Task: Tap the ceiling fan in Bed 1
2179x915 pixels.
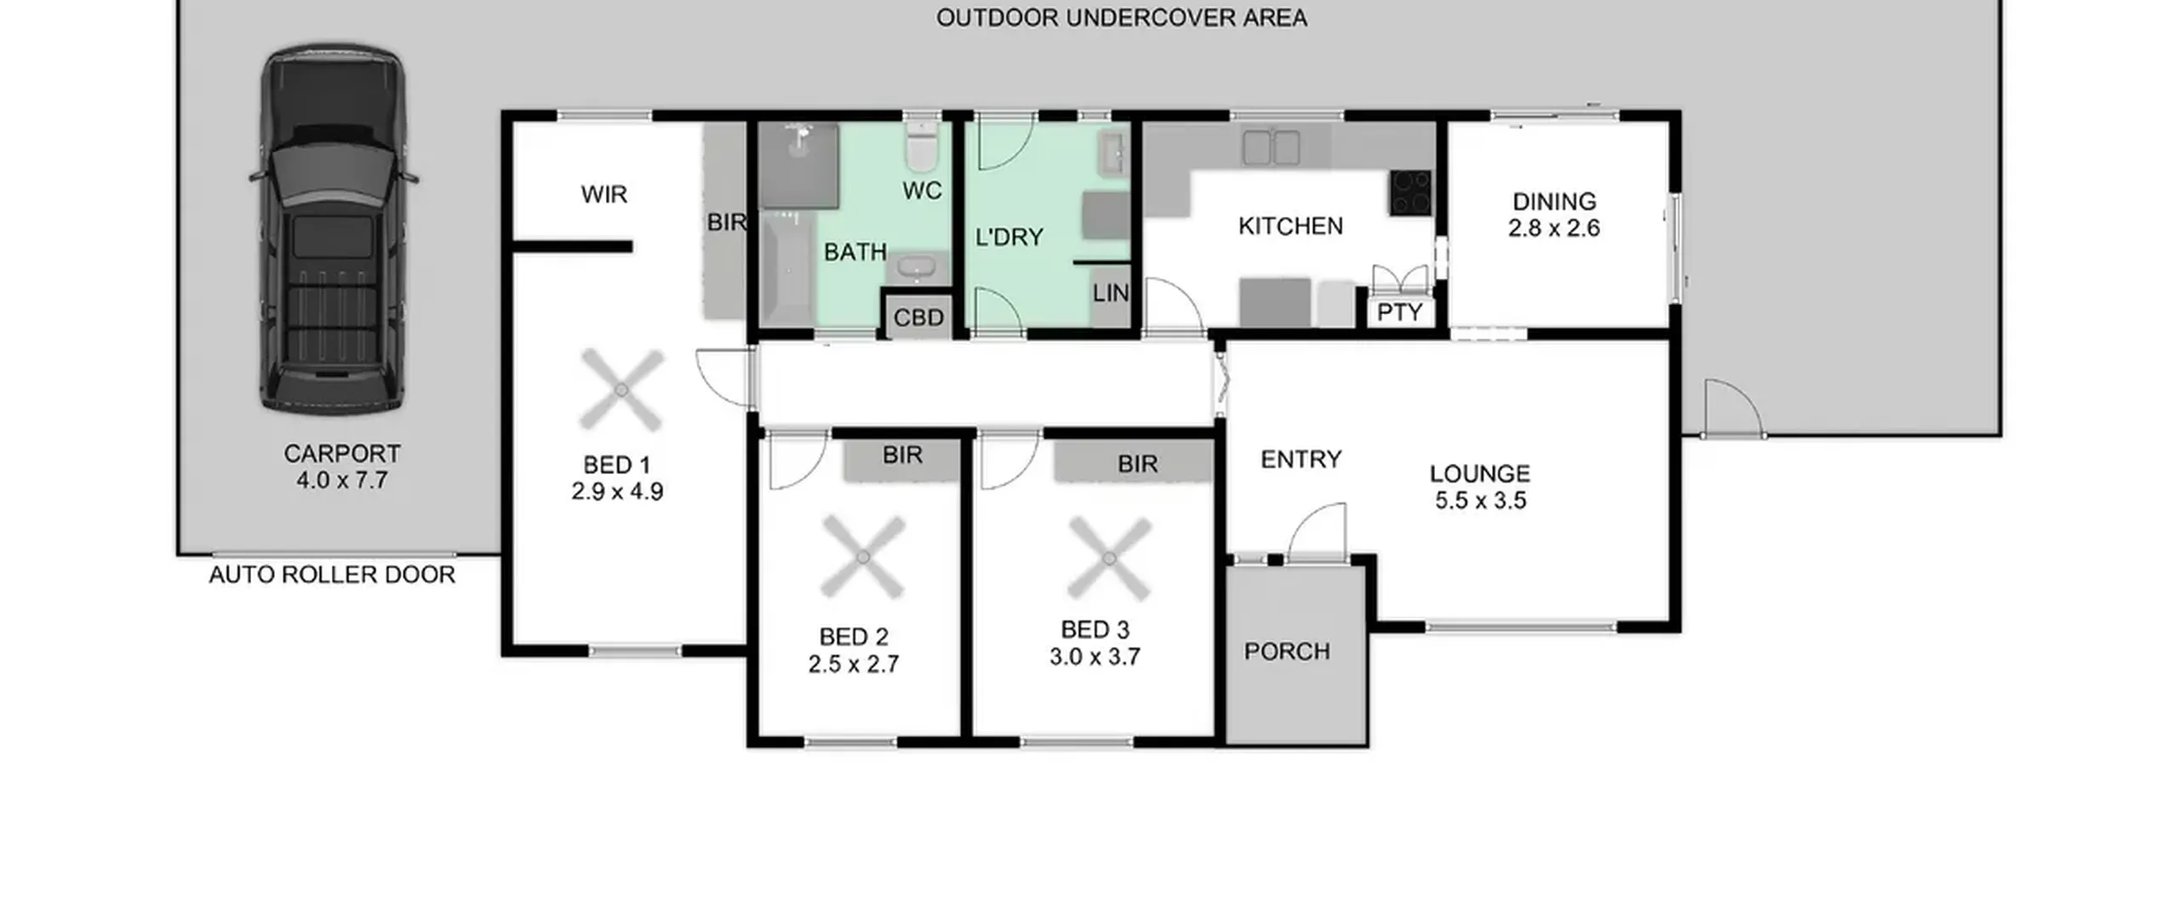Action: tap(621, 390)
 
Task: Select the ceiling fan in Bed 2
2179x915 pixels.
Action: tap(862, 558)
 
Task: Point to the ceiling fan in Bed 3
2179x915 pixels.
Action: tap(1109, 558)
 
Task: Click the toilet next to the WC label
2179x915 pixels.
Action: tap(920, 146)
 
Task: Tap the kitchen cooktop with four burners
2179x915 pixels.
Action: tap(1411, 192)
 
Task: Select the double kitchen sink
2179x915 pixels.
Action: tap(1271, 147)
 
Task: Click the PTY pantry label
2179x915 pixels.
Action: tap(1399, 312)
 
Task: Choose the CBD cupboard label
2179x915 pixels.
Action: tap(918, 317)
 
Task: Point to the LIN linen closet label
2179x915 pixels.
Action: tap(1110, 293)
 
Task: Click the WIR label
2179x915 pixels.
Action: tap(604, 194)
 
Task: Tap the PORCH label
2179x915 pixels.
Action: tap(1287, 651)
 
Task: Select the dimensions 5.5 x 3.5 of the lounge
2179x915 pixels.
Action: tap(1480, 500)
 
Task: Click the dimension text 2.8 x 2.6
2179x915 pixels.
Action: tap(1554, 228)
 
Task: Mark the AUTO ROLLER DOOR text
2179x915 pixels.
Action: tap(332, 575)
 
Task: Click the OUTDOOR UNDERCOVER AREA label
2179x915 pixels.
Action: tap(1122, 18)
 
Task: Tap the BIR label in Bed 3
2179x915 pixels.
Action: tap(1138, 464)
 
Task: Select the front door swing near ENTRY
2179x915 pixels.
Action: tap(1317, 532)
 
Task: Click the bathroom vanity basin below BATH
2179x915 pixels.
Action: tap(918, 268)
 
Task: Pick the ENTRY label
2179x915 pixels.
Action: tap(1301, 460)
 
